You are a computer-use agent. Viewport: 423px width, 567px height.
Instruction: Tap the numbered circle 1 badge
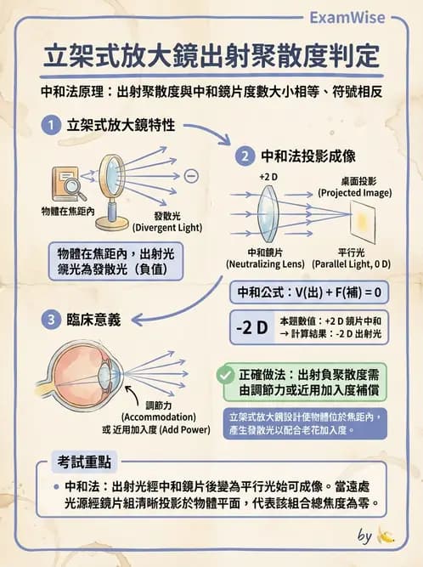(x=52, y=126)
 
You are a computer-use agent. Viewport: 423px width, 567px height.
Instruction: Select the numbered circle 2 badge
(x=244, y=156)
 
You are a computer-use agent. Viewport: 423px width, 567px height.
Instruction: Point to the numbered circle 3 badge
(x=52, y=320)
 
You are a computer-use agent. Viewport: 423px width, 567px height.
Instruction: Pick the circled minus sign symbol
(x=191, y=176)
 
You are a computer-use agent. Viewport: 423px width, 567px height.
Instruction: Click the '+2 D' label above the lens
(x=268, y=176)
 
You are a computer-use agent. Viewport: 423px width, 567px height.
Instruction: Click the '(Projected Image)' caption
(x=355, y=193)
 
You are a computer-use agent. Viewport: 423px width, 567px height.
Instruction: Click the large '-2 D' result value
(x=251, y=327)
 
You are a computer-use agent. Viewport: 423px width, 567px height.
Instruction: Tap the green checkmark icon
(x=226, y=374)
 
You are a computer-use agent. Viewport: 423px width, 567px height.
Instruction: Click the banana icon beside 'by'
(x=386, y=536)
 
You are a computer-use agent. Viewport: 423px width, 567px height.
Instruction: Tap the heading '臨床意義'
(x=93, y=320)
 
